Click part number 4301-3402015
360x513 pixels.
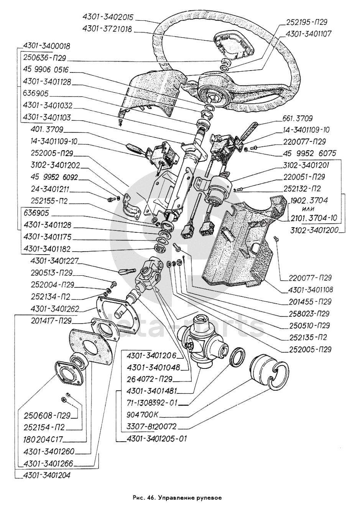pyautogui.click(x=108, y=17)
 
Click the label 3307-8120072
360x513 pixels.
pyautogui.click(x=151, y=426)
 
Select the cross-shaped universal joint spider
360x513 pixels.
pyautogui.click(x=201, y=340)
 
